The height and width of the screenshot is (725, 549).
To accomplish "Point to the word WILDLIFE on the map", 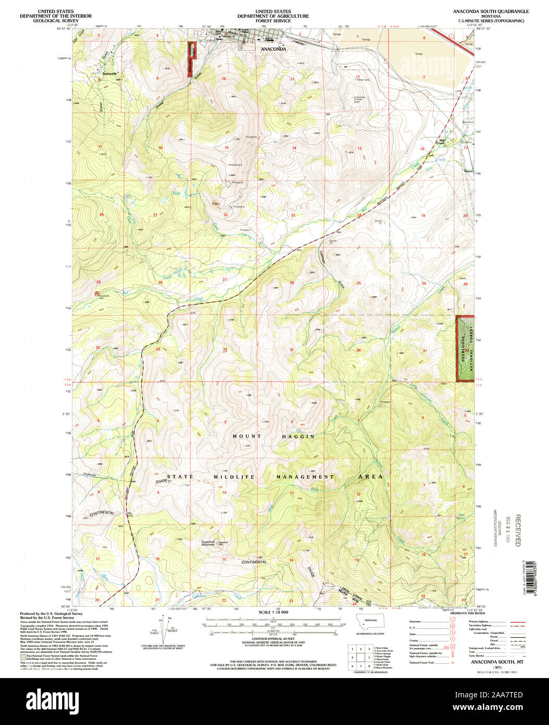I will click(236, 477).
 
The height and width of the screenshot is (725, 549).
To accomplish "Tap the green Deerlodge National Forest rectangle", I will click(465, 348).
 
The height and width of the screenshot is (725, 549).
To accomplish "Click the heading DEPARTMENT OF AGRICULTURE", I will click(273, 16).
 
